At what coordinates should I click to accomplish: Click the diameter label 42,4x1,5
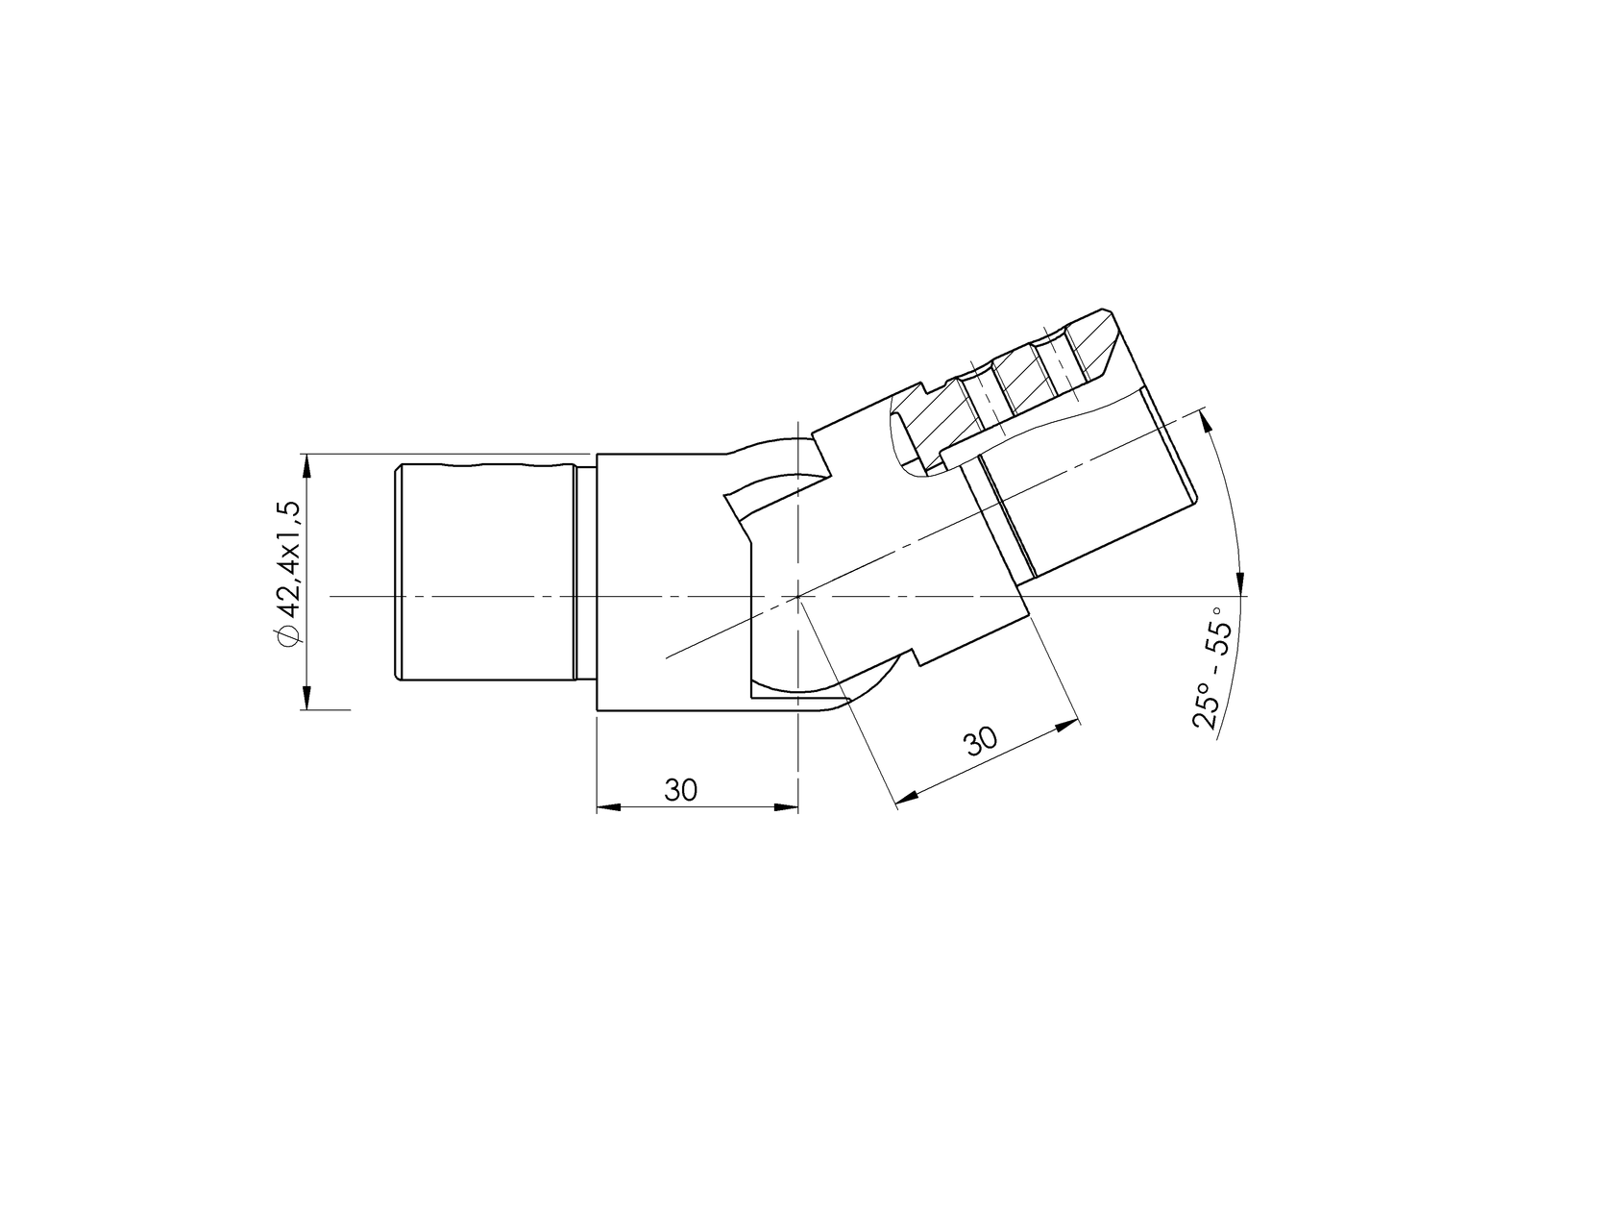point(289,563)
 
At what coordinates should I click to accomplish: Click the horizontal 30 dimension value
point(680,790)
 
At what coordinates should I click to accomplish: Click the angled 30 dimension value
point(981,742)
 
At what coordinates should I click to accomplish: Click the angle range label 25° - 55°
point(1207,667)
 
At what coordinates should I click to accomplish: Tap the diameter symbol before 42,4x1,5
point(288,635)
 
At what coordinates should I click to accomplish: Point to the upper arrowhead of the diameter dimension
point(307,466)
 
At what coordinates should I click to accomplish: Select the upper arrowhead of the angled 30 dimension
point(1066,727)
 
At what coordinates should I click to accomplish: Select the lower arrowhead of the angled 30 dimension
point(907,797)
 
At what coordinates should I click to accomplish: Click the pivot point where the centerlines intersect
point(798,596)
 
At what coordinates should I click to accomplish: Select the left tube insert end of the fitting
point(485,573)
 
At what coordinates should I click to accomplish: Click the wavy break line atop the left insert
point(485,464)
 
